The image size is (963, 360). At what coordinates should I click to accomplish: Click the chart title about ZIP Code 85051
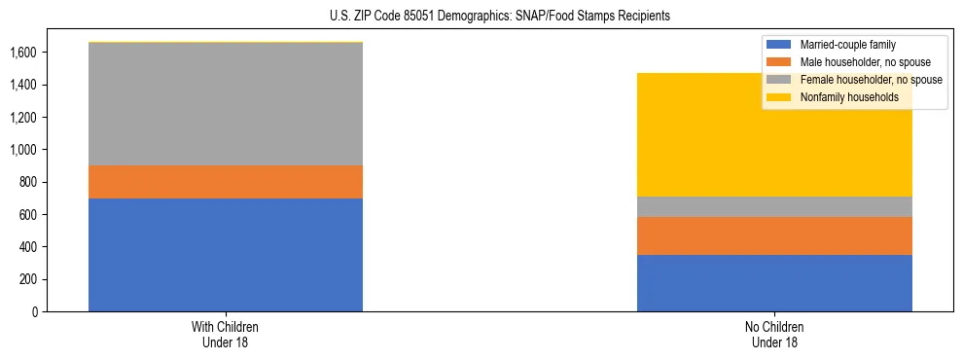481,17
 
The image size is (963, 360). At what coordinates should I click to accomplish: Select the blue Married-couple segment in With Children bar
226,255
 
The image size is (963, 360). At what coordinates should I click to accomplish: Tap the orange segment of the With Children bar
226,182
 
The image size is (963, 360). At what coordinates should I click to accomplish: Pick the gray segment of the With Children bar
226,104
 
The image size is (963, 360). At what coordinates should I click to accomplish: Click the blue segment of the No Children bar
774,283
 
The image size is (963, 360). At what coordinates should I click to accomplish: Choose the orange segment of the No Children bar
774,235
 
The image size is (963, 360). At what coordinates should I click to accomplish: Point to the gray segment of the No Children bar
774,206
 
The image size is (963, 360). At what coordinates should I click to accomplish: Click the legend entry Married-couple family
847,45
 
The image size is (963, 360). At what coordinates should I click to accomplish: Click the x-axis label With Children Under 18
226,334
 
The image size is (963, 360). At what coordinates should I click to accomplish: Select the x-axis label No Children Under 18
774,334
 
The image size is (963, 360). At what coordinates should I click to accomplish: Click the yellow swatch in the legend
779,97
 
